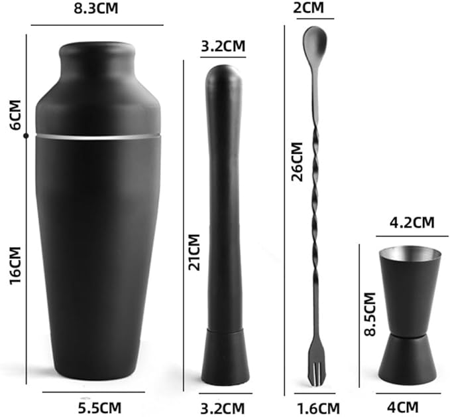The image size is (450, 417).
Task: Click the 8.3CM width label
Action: [x=97, y=10]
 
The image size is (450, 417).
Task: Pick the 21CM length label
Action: [x=194, y=252]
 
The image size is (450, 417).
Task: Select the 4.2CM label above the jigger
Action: [x=407, y=221]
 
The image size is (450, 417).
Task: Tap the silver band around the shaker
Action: [x=97, y=135]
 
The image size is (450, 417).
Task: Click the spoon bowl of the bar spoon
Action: [x=313, y=43]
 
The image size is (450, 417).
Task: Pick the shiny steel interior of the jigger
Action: [x=407, y=255]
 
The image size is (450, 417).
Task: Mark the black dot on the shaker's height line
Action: [x=26, y=136]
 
